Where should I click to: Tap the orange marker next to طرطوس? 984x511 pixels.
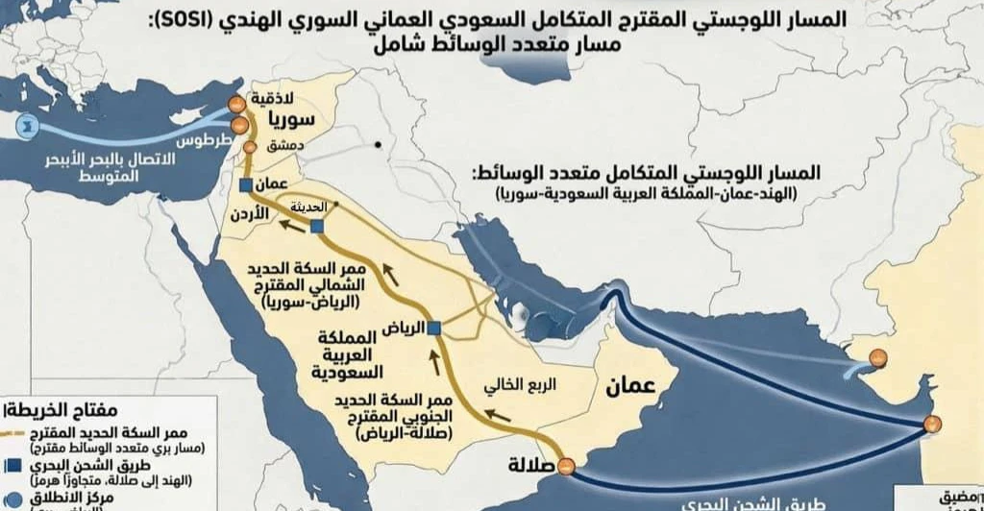point(238,125)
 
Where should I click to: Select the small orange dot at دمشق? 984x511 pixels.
point(249,148)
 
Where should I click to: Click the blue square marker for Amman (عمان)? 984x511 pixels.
point(246,184)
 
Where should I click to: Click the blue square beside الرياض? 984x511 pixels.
point(433,328)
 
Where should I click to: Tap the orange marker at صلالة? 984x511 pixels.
point(567,466)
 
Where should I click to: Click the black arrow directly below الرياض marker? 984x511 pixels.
point(430,362)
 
